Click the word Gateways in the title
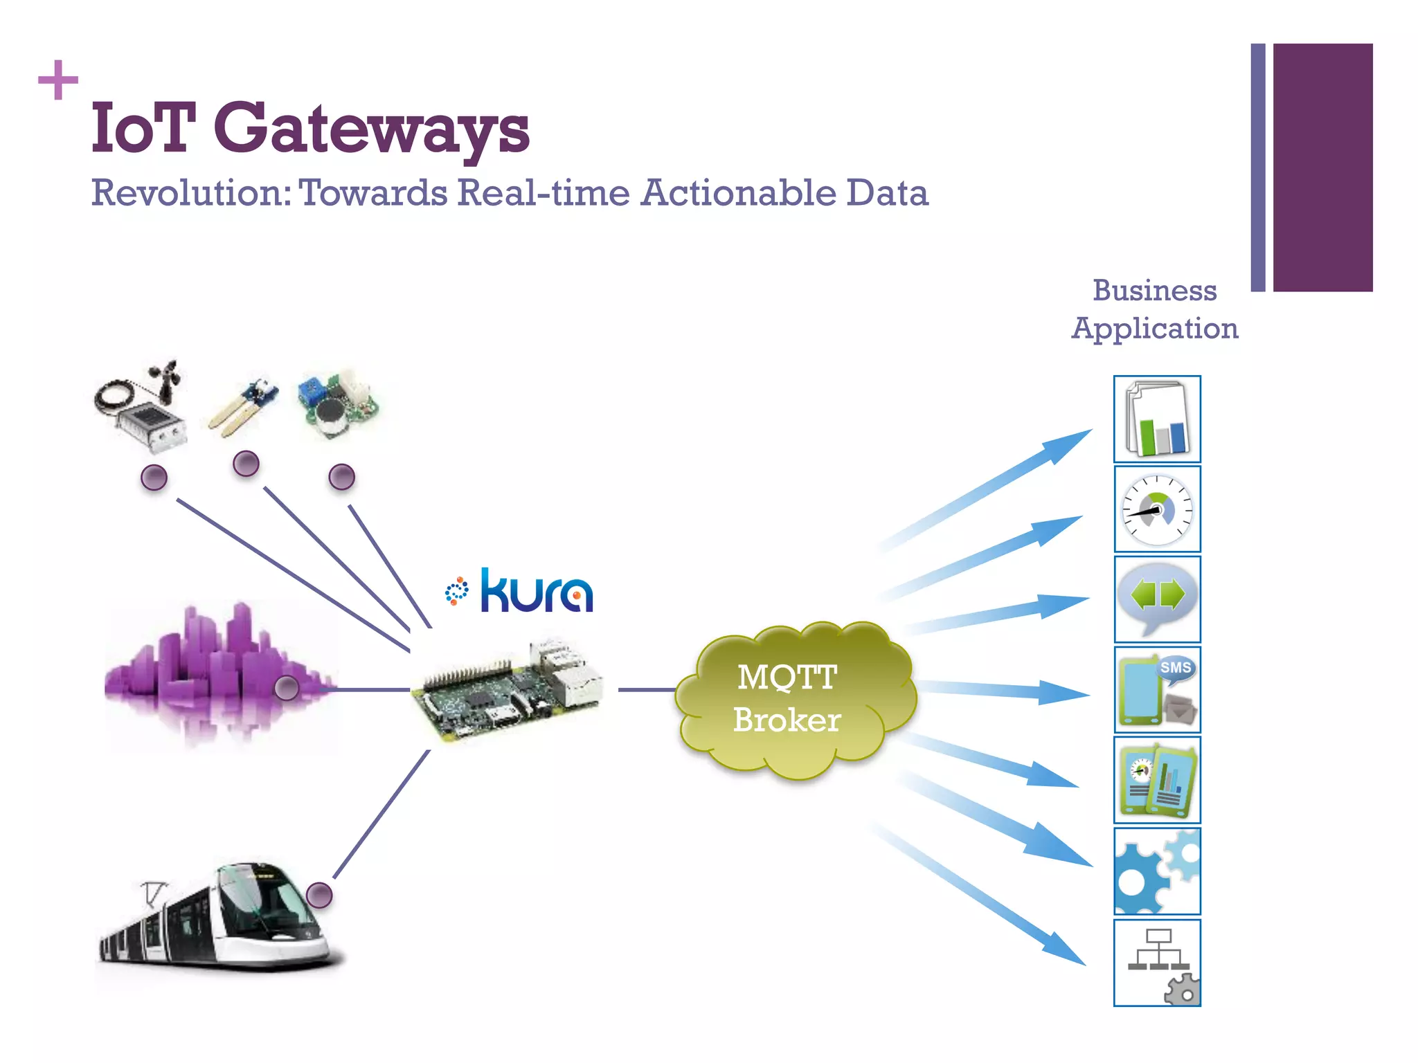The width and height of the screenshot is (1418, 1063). pyautogui.click(x=372, y=129)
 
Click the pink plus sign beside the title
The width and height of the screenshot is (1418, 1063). pyautogui.click(x=58, y=80)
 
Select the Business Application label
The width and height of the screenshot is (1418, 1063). pyautogui.click(x=1154, y=309)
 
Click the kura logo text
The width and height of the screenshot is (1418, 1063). pyautogui.click(x=536, y=592)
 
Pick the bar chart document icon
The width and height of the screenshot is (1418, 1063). pyautogui.click(x=1157, y=419)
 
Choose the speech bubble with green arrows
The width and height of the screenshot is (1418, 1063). pyautogui.click(x=1157, y=599)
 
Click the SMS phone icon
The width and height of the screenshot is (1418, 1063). pyautogui.click(x=1157, y=690)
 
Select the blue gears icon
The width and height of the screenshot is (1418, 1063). pyautogui.click(x=1157, y=871)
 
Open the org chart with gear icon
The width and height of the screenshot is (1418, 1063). pyautogui.click(x=1157, y=963)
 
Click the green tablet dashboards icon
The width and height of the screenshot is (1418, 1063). pyautogui.click(x=1157, y=781)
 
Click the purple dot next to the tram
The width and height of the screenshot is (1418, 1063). pyautogui.click(x=319, y=896)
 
